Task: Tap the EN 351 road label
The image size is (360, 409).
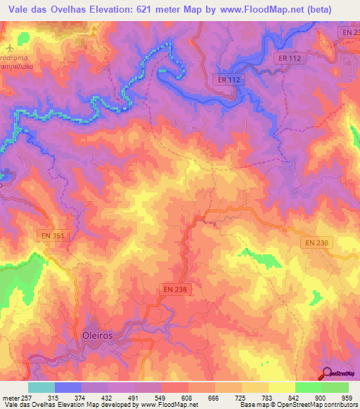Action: (49, 237)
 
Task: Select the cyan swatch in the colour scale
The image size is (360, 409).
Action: (41, 387)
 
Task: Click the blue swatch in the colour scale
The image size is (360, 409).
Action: (68, 387)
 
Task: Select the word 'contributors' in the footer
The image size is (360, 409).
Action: (338, 404)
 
